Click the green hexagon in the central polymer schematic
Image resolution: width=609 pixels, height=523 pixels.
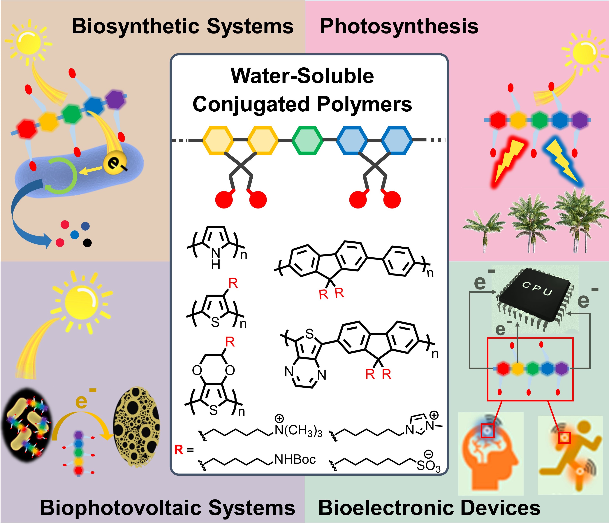[307, 140]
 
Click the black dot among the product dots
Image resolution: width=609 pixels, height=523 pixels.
[87, 243]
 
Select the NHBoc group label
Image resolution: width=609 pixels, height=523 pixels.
[295, 459]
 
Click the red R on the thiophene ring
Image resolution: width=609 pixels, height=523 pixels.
[233, 283]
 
